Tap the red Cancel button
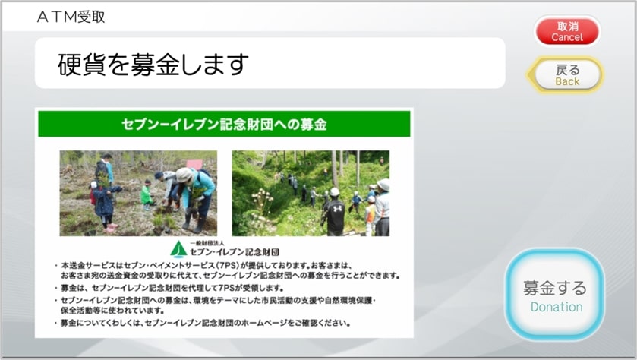coord(567,31)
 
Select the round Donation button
coord(554,295)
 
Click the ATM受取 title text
coord(71,17)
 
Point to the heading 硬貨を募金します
coord(153,65)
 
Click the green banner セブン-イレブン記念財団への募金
coord(224,124)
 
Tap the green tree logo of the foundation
coord(178,249)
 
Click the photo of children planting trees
coord(138,193)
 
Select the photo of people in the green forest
coord(311,193)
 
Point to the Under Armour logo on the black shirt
coord(338,208)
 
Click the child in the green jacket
coord(146,195)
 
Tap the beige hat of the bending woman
coord(184,175)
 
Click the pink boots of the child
coord(110,228)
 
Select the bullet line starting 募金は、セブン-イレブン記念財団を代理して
coord(172,288)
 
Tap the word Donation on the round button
coord(557,307)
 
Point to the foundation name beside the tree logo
coord(235,252)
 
